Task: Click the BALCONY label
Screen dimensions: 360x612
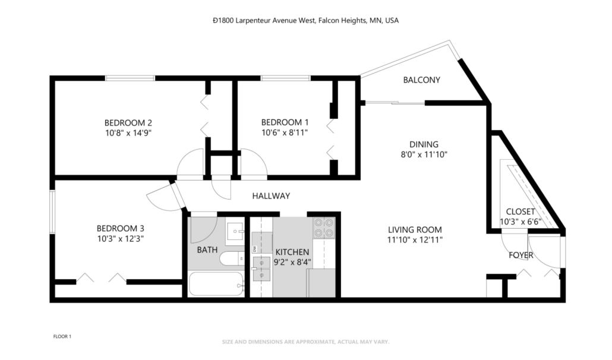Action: [x=421, y=80]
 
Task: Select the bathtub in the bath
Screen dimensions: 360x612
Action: [x=216, y=284]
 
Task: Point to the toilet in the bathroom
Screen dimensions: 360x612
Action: [x=231, y=259]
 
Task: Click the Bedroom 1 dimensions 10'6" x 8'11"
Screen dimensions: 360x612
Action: [x=285, y=133]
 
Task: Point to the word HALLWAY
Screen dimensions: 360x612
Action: [x=270, y=196]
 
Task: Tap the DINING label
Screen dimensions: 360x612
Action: [x=424, y=144]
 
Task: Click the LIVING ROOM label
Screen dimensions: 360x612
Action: [x=415, y=230]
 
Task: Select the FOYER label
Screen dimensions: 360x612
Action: [x=520, y=256]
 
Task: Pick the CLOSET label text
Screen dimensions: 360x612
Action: [x=520, y=211]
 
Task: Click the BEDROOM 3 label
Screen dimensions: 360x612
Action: [x=121, y=228]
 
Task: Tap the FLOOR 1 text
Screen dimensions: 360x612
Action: [x=62, y=337]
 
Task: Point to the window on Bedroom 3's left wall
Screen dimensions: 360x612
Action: [x=52, y=213]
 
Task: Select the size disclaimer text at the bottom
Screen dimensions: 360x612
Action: [x=305, y=342]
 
